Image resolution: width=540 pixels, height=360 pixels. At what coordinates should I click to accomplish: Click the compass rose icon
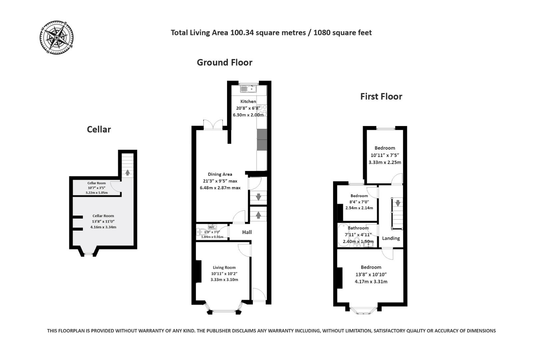click(57, 37)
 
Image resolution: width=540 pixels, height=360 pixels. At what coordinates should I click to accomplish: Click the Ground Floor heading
click(224, 62)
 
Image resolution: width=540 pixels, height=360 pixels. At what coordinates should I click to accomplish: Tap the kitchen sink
click(248, 89)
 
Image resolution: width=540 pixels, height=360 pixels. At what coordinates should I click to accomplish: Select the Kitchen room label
click(248, 101)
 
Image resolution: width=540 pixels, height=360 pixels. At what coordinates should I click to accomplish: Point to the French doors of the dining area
click(213, 125)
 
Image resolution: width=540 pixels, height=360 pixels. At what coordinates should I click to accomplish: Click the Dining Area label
click(220, 174)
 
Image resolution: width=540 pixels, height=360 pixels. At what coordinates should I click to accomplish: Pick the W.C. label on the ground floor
click(212, 227)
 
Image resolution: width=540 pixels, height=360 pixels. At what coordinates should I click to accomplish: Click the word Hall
click(247, 232)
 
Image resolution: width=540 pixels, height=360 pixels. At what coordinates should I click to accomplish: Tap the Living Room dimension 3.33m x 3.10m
click(224, 280)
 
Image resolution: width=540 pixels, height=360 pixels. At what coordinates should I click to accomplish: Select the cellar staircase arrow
click(127, 172)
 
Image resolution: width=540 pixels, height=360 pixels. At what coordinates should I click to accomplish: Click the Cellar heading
click(99, 129)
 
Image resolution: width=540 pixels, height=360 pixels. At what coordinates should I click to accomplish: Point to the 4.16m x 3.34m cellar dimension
click(103, 227)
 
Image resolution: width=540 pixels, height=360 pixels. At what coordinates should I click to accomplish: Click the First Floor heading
click(381, 96)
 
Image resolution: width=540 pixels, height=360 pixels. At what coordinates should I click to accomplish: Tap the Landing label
click(391, 238)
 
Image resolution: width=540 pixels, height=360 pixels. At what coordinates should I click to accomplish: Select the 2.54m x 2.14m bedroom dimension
click(359, 208)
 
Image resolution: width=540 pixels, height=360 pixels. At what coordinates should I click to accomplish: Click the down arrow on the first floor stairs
click(397, 203)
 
